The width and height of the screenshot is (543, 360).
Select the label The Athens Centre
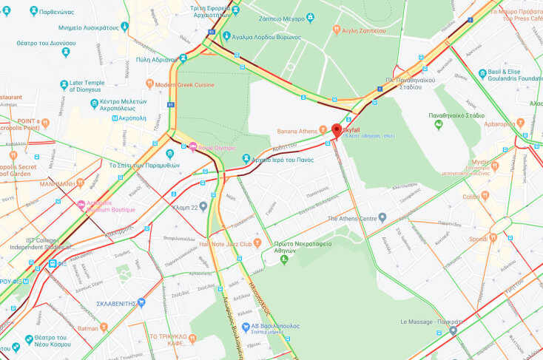pos(351,217)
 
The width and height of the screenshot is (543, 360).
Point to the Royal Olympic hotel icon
pos(193,146)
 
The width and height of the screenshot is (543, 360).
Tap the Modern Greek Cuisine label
pos(184,85)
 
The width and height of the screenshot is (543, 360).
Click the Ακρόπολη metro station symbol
pos(115,118)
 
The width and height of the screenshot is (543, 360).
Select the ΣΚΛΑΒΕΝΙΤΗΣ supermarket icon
pos(141,302)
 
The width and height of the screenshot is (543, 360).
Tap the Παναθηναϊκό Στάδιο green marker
pos(438,126)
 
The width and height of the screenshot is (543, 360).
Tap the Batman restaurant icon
pos(104,327)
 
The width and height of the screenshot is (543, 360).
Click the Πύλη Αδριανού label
pos(152,59)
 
